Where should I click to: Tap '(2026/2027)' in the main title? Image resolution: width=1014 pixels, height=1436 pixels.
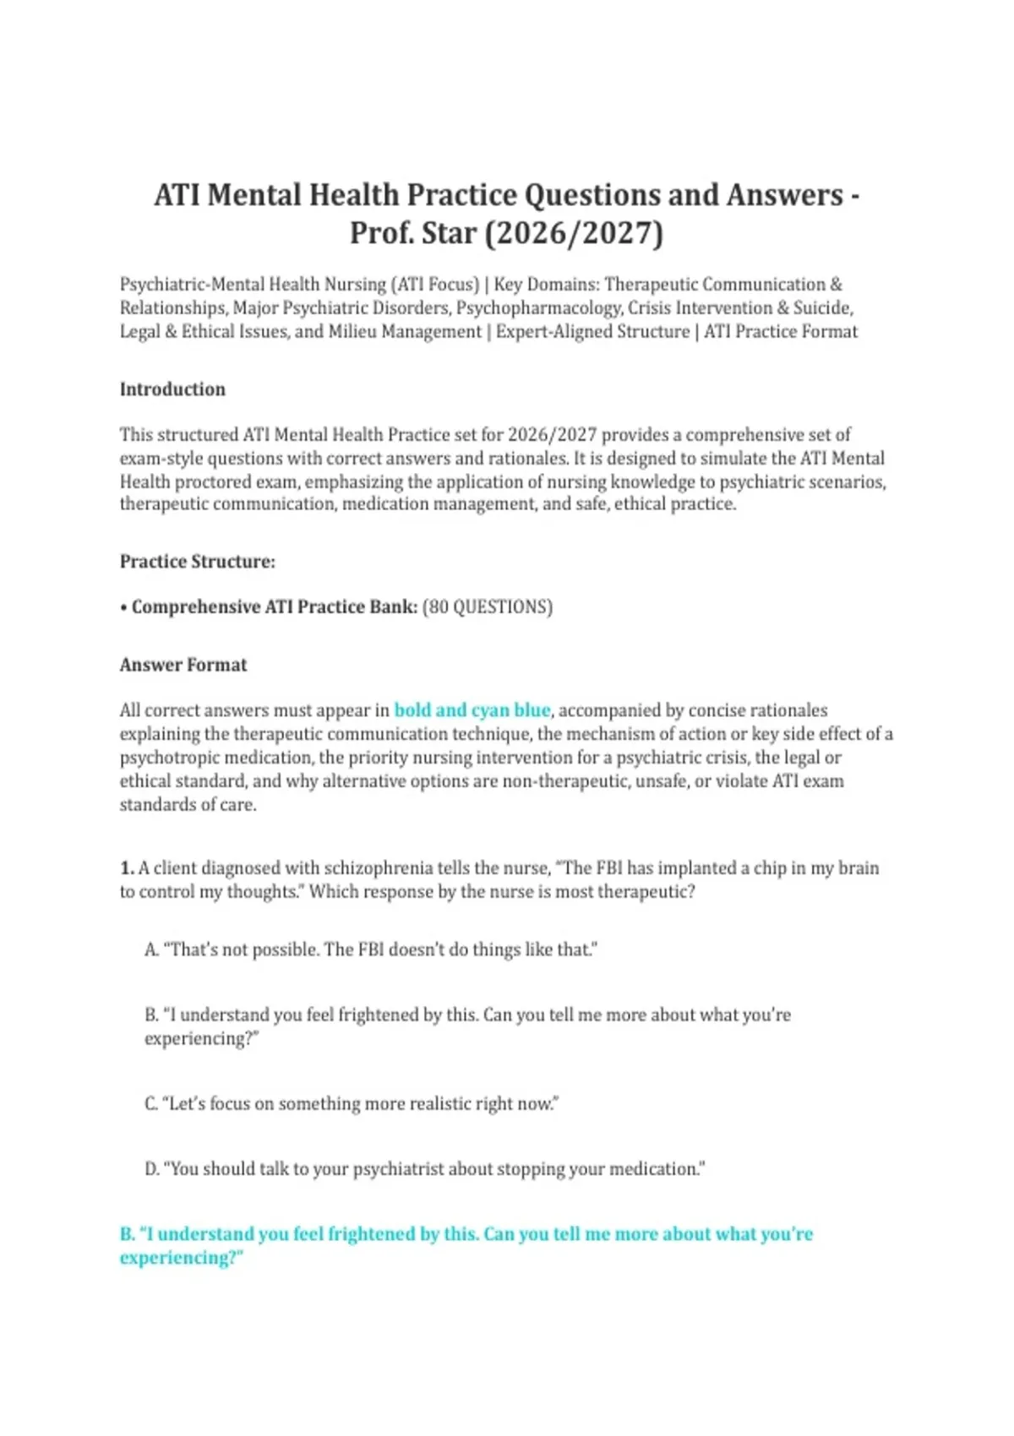click(575, 232)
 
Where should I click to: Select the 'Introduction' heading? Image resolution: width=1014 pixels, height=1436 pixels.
click(172, 389)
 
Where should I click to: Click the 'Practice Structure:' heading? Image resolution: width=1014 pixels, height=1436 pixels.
click(198, 562)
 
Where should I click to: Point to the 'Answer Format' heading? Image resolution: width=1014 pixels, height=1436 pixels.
click(183, 665)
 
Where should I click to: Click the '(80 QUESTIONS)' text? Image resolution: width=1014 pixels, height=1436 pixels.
click(487, 607)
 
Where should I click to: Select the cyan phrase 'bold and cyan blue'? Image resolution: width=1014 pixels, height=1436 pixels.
click(472, 710)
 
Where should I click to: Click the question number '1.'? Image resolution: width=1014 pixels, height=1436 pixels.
click(127, 868)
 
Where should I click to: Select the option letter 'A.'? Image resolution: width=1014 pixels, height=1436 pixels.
click(151, 949)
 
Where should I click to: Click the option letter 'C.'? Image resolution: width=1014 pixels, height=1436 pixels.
click(151, 1104)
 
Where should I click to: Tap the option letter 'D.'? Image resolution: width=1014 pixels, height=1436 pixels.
click(152, 1169)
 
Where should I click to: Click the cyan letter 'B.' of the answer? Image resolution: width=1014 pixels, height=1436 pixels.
click(128, 1234)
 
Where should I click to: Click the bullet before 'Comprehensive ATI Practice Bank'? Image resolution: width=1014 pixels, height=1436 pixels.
click(123, 607)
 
